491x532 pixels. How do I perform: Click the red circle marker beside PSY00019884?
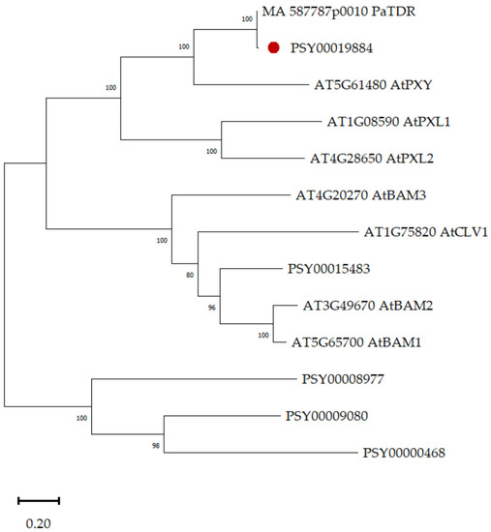click(275, 46)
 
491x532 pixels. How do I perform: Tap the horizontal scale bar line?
click(39, 501)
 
